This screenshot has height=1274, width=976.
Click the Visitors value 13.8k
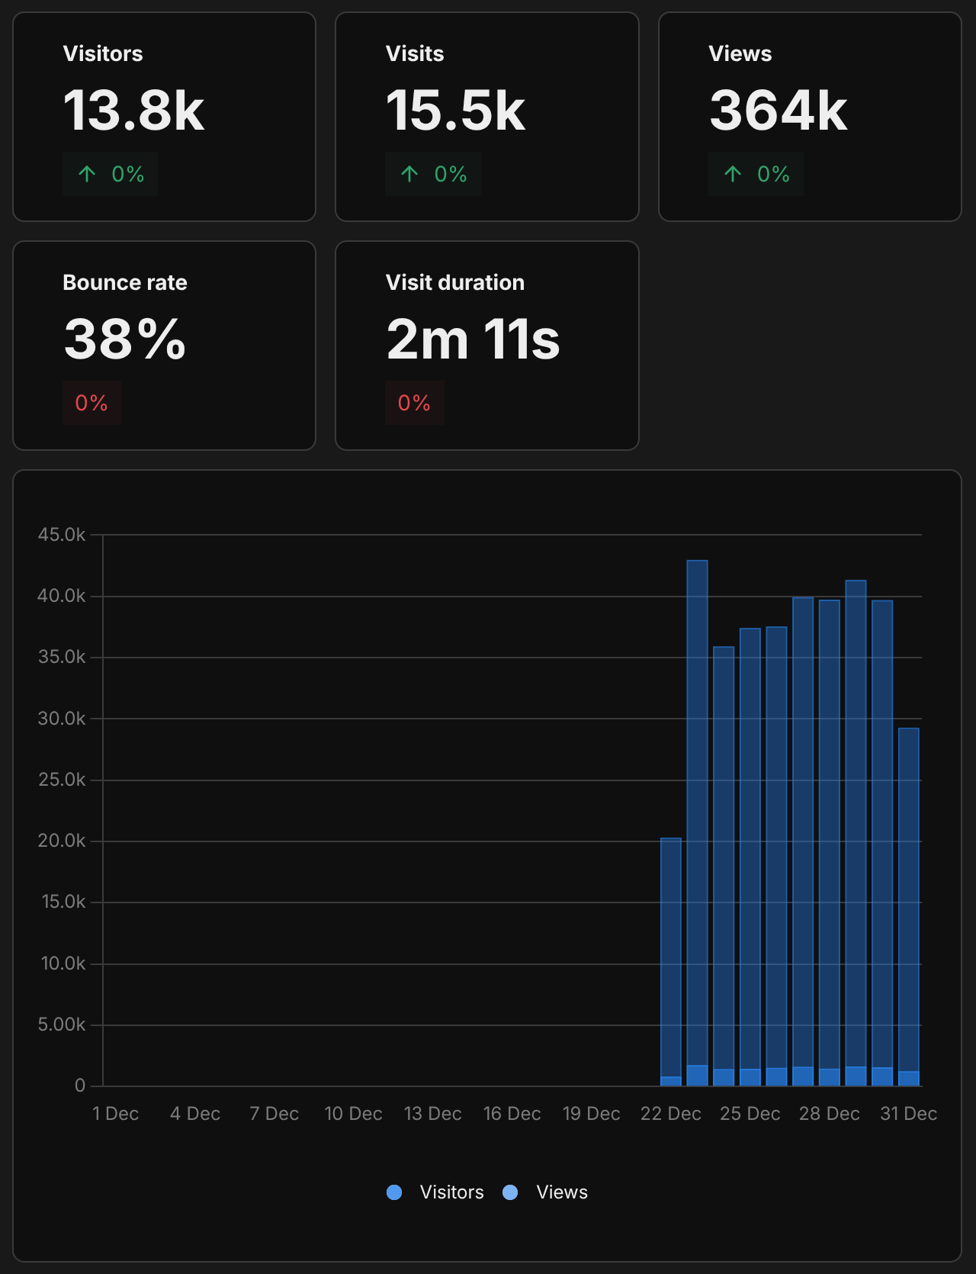click(x=133, y=111)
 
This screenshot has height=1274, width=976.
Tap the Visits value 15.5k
click(x=455, y=111)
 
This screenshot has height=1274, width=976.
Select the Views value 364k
click(x=778, y=111)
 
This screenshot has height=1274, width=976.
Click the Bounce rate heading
click(x=125, y=282)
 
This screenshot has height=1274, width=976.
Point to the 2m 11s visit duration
click(x=473, y=339)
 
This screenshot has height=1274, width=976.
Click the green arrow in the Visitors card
click(x=87, y=174)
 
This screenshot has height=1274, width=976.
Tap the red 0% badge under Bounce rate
click(x=91, y=403)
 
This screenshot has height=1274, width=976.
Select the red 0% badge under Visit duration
click(x=414, y=403)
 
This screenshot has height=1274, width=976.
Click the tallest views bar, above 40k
click(x=697, y=809)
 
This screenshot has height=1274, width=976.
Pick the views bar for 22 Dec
click(x=671, y=954)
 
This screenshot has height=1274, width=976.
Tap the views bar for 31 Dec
click(x=909, y=900)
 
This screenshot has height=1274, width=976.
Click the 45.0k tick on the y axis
click(x=62, y=535)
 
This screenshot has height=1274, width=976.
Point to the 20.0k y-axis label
click(x=62, y=841)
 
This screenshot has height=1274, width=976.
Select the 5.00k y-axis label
click(x=62, y=1025)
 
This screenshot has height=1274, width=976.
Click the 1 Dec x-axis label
click(x=116, y=1114)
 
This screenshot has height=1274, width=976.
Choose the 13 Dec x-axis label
click(x=433, y=1114)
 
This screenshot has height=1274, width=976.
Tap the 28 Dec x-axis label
click(x=830, y=1114)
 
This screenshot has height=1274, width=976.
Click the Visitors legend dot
click(x=394, y=1192)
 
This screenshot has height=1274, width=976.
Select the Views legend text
click(x=562, y=1192)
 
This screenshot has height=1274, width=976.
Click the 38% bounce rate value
click(x=125, y=339)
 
